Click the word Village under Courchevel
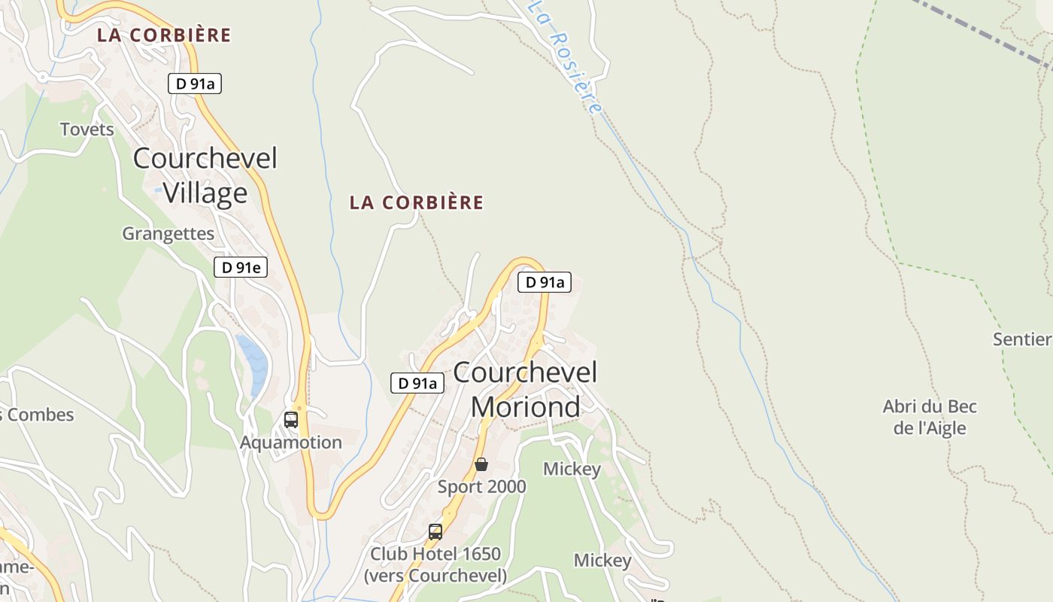(205, 193)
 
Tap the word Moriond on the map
(525, 407)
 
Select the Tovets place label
(87, 129)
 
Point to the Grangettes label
(168, 234)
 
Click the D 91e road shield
(241, 267)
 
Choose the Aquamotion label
(290, 442)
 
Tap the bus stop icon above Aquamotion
(291, 420)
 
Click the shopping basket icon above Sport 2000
(481, 464)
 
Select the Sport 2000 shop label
(481, 487)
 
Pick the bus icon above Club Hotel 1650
(435, 532)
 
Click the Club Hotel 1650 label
(435, 555)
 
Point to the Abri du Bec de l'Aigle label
(930, 418)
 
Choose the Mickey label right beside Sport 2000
(572, 470)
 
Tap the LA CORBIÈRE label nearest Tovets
(164, 35)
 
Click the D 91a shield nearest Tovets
(195, 84)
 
